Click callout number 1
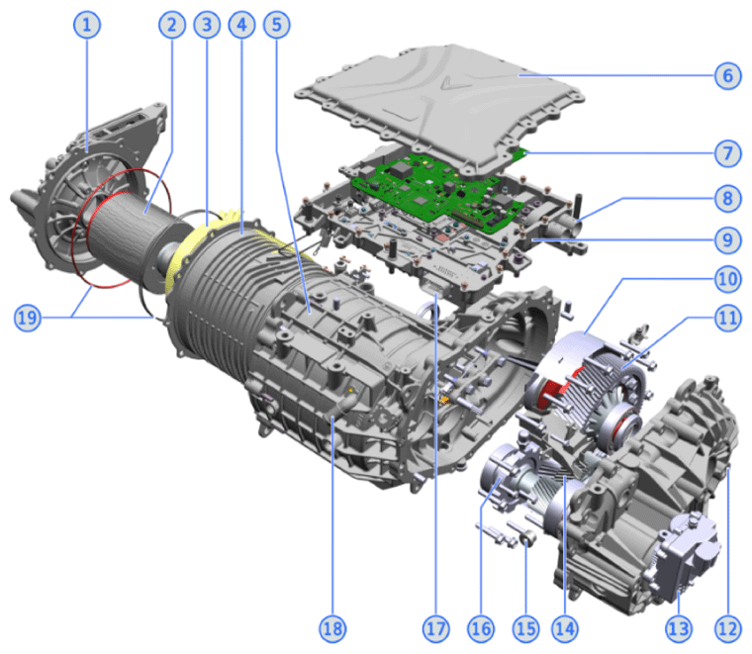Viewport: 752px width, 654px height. (x=87, y=25)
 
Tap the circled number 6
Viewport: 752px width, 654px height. (x=727, y=75)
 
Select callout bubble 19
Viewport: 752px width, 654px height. (x=28, y=318)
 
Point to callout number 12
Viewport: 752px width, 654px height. (x=727, y=628)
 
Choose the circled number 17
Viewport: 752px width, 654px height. (x=436, y=628)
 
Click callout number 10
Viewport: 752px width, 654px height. (x=727, y=279)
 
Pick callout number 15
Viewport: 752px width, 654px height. (x=526, y=628)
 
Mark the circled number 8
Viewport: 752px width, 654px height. (x=727, y=198)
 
